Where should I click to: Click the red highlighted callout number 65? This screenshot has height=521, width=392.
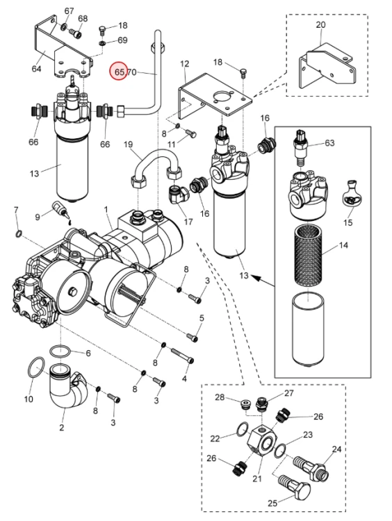click(119, 72)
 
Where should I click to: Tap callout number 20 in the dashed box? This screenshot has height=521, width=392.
click(320, 24)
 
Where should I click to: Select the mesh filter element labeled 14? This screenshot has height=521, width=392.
click(309, 254)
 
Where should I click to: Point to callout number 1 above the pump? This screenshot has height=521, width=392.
click(106, 210)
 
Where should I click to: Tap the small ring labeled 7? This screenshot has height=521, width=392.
click(19, 233)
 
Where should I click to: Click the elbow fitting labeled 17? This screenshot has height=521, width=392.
click(177, 194)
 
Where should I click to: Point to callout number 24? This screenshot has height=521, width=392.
click(336, 449)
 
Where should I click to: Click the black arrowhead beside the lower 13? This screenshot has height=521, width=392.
click(254, 276)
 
